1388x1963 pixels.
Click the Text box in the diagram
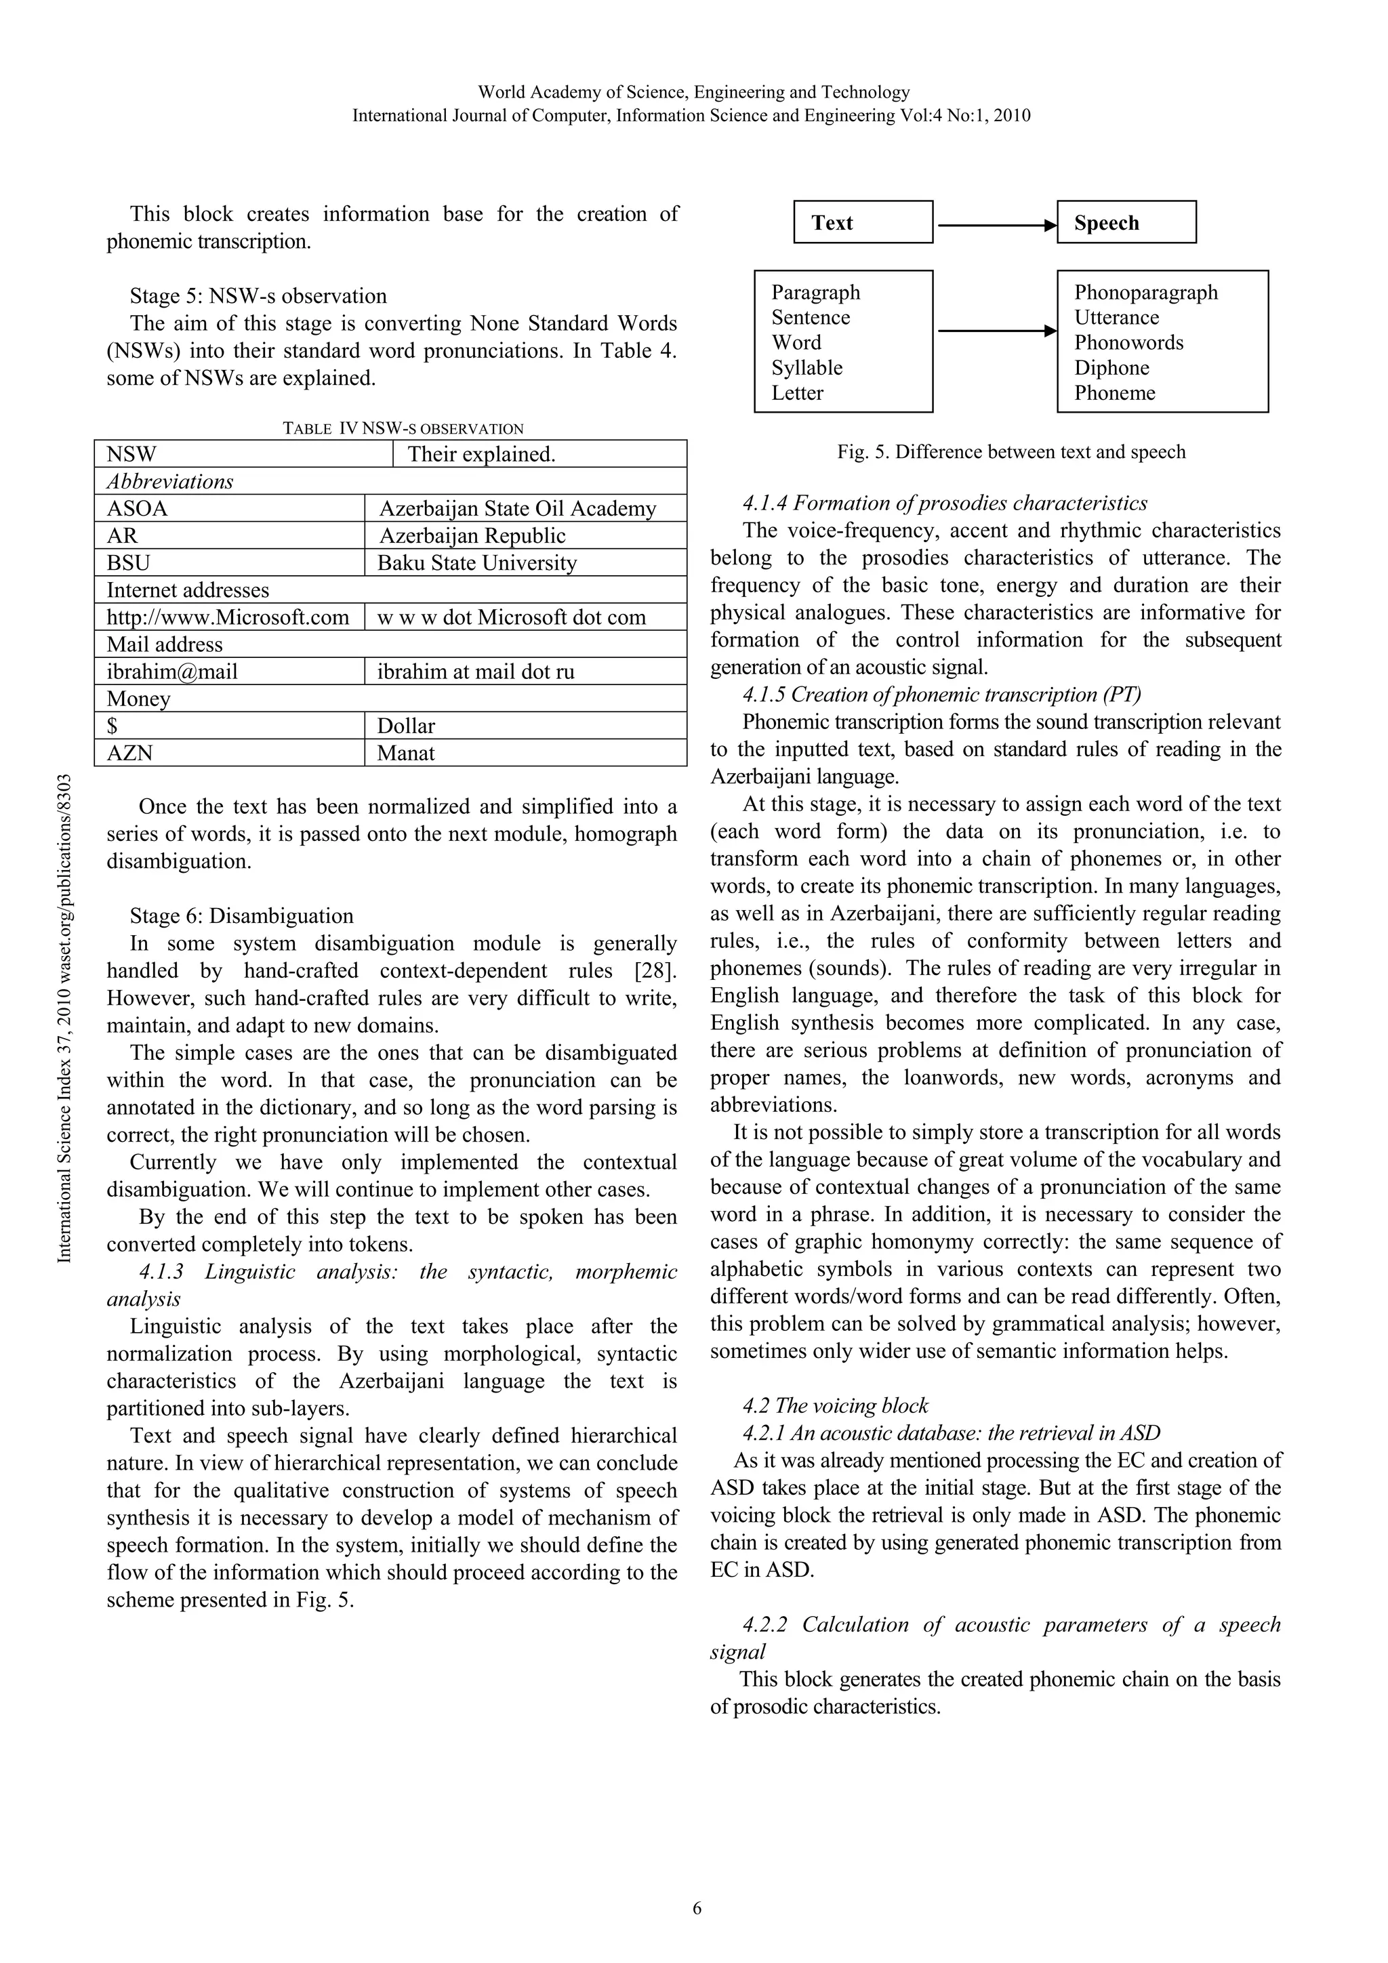point(862,222)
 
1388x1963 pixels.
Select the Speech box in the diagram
point(1126,222)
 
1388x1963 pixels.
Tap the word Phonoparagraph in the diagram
point(1145,293)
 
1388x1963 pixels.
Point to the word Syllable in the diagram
point(807,368)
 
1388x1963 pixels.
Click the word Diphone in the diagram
point(1111,368)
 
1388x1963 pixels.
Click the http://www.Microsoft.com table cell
point(228,617)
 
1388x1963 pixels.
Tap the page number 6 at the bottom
point(696,1907)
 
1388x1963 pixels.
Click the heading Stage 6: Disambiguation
point(241,915)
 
